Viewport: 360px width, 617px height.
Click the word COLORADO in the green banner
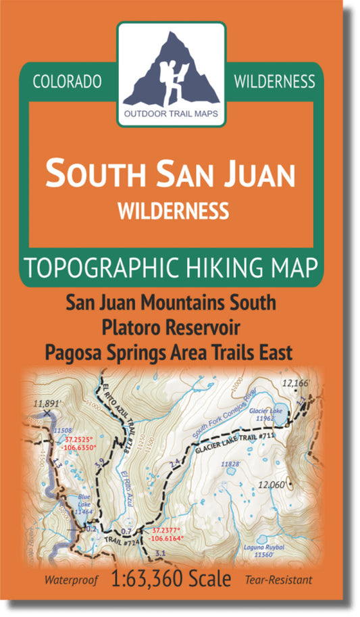[66, 82]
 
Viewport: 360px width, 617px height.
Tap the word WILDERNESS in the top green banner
[274, 82]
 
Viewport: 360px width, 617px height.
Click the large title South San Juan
[170, 174]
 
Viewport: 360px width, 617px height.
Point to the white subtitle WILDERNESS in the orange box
[172, 212]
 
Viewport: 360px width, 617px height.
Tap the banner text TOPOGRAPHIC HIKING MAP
[170, 268]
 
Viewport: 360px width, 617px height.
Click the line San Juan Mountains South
[171, 303]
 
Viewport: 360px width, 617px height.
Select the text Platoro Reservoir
[170, 327]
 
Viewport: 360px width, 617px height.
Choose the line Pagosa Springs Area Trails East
[171, 351]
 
